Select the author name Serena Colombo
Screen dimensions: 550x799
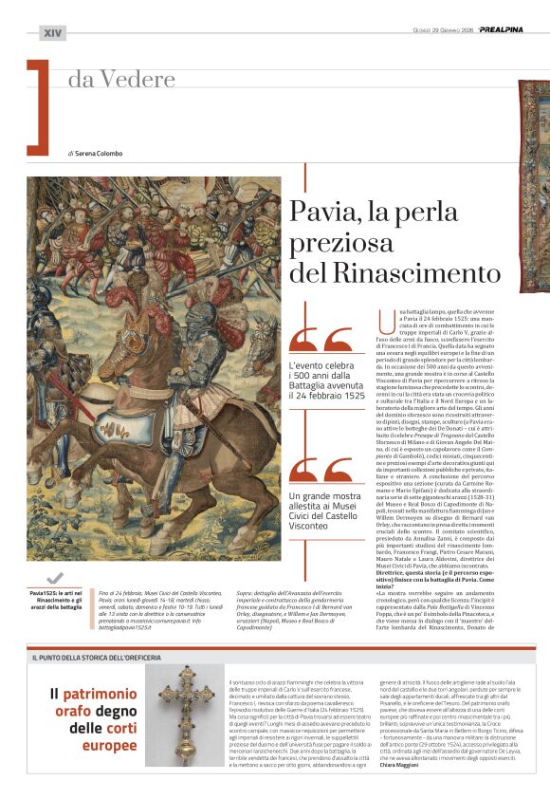click(x=98, y=154)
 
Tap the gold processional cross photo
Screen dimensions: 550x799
click(x=186, y=703)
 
